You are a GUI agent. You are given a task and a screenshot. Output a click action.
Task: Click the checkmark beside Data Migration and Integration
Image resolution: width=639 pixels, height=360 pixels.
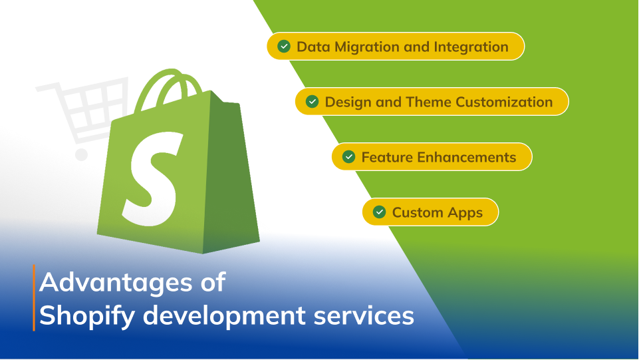tap(284, 47)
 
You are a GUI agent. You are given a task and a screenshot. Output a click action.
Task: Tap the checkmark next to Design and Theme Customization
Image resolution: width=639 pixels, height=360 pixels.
tap(312, 102)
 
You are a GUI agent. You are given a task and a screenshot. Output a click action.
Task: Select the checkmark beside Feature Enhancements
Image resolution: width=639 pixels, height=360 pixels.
tap(349, 156)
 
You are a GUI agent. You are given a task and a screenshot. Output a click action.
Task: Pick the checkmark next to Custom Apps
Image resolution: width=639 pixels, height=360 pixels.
tap(380, 212)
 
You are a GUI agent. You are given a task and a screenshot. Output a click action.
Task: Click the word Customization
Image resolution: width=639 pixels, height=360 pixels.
tap(504, 102)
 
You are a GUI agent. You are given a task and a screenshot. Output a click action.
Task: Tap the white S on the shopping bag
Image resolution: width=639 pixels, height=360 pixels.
tap(152, 178)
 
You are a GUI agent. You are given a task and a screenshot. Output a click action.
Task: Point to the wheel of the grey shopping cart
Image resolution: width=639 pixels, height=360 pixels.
tap(82, 154)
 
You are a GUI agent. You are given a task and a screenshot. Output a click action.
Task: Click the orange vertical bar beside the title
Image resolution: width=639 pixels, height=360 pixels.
tap(34, 297)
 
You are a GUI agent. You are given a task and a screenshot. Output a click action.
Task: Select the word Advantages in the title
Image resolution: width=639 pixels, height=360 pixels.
tap(116, 283)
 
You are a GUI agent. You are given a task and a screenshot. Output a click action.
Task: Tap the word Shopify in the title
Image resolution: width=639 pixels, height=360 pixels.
tap(87, 316)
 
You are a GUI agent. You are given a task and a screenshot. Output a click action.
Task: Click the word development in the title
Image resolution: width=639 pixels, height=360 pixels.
tap(224, 316)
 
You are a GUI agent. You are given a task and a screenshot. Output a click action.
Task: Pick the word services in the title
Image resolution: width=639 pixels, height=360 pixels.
tap(364, 316)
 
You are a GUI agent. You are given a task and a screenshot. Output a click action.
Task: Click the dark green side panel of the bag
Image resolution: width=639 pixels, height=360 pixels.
tap(228, 171)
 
